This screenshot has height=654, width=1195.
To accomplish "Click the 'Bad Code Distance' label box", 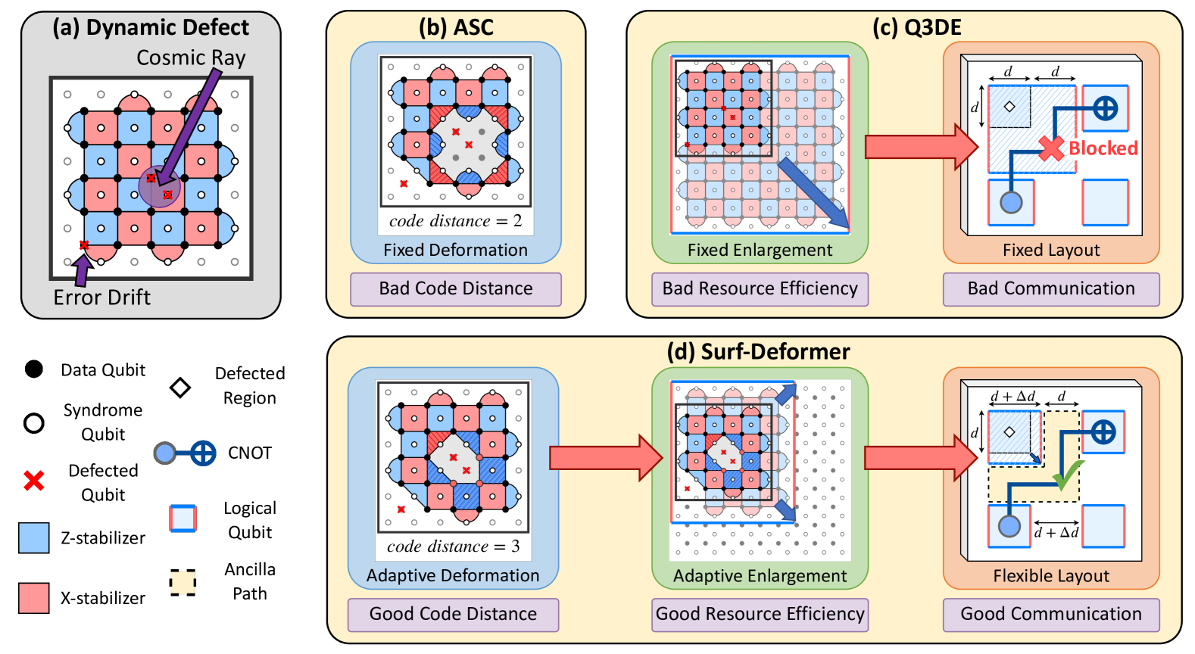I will pyautogui.click(x=455, y=289).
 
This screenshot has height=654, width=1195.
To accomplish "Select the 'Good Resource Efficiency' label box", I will pyautogui.click(x=760, y=614).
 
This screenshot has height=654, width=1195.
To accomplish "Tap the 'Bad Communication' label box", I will pyautogui.click(x=1050, y=289).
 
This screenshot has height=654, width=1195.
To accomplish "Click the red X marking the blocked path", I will pyautogui.click(x=1051, y=149).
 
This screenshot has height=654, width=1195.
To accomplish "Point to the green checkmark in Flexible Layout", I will pyautogui.click(x=1068, y=475).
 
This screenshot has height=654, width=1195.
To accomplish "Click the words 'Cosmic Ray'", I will pyautogui.click(x=191, y=58).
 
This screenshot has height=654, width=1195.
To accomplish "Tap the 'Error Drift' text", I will pyautogui.click(x=101, y=297).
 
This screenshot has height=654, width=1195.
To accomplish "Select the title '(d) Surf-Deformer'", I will pyautogui.click(x=758, y=352).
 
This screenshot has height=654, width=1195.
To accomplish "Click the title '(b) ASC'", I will pyautogui.click(x=456, y=28).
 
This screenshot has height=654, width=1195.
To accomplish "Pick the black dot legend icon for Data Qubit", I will pyautogui.click(x=33, y=369).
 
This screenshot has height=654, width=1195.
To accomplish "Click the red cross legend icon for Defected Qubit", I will pyautogui.click(x=33, y=481).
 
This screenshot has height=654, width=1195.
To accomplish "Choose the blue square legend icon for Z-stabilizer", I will pyautogui.click(x=34, y=538).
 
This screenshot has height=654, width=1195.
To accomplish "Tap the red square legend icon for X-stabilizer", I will pyautogui.click(x=34, y=598).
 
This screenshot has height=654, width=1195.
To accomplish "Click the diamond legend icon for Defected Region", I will pyautogui.click(x=180, y=388).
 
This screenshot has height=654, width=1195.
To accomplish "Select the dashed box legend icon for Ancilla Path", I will pyautogui.click(x=183, y=582).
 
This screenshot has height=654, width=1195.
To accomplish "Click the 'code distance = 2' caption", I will pyautogui.click(x=455, y=221).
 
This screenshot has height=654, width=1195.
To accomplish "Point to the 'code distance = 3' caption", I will pyautogui.click(x=453, y=547).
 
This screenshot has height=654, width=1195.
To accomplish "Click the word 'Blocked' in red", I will pyautogui.click(x=1103, y=148).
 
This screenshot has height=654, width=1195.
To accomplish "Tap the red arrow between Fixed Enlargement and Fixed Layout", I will pyautogui.click(x=921, y=147).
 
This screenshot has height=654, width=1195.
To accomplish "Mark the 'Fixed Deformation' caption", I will pyautogui.click(x=455, y=251).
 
